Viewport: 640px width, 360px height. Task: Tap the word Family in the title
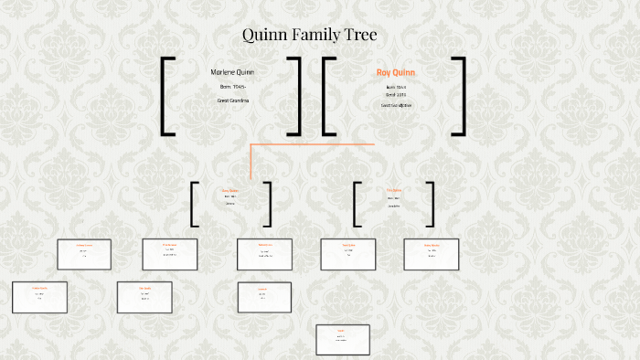316,36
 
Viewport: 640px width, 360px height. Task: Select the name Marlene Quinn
232,72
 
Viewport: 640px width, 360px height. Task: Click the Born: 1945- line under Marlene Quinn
232,87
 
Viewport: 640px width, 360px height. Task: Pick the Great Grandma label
232,100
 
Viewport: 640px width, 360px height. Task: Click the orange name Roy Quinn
396,72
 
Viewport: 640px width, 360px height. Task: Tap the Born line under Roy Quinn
396,87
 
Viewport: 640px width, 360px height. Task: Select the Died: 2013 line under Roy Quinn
396,94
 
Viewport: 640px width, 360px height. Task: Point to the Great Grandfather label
396,105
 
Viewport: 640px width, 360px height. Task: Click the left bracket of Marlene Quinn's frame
165,96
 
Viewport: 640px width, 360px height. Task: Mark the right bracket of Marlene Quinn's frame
297,96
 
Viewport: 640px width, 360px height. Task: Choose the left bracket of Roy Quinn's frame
326,96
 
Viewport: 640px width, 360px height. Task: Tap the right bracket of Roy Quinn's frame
461,96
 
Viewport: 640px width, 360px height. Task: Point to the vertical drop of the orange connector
251,162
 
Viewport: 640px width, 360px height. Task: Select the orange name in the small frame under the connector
230,191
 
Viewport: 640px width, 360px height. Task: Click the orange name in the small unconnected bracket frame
394,191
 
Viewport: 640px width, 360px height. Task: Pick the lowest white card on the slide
342,339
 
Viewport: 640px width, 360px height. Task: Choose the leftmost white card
39,297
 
